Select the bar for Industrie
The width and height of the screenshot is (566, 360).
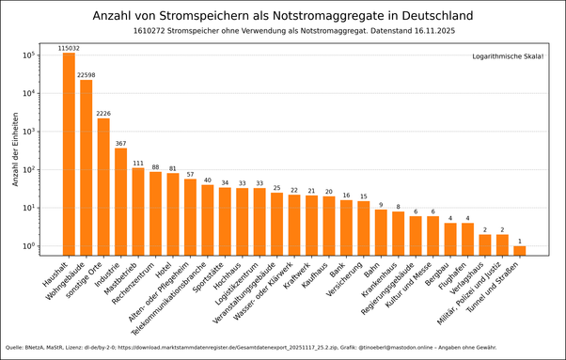120,202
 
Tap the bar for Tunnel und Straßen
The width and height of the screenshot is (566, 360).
519,250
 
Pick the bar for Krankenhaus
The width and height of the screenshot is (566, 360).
398,233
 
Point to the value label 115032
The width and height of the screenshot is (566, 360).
69,47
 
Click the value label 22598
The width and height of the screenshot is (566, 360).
86,74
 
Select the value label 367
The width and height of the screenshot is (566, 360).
120,143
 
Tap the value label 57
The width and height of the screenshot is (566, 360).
190,174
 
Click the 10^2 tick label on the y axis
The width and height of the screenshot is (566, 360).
28,170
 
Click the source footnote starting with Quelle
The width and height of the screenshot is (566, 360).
250,347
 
